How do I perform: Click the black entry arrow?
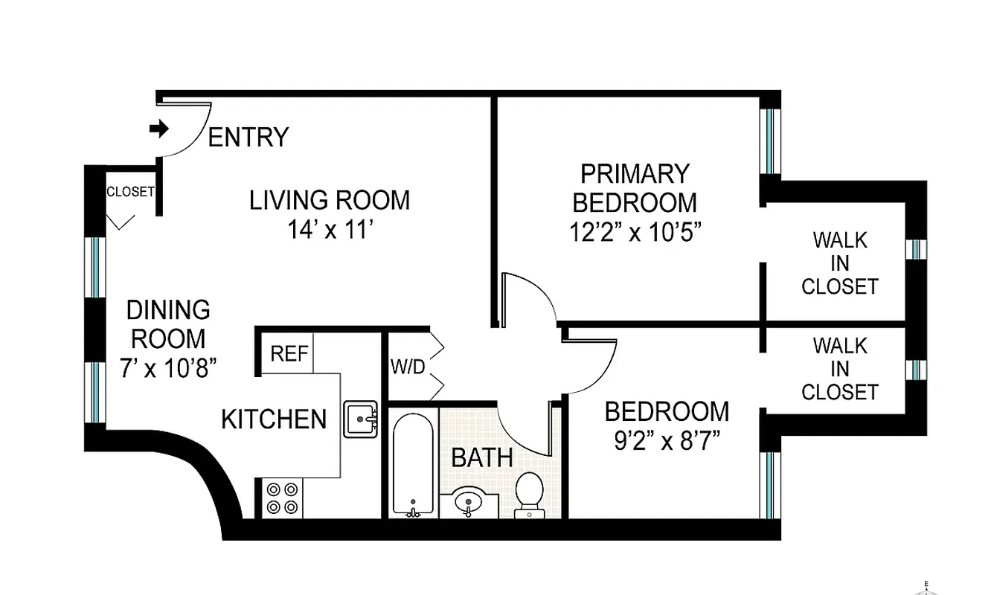coord(158,129)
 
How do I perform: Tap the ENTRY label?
coord(248,138)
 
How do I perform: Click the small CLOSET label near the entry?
coord(130,191)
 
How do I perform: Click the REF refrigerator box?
coord(289,353)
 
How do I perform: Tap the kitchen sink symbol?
coord(360,419)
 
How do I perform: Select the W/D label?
coord(407,367)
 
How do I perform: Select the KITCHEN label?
coord(274,419)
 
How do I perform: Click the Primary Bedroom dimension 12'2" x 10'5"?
coord(635,232)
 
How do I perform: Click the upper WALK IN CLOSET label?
coord(840,263)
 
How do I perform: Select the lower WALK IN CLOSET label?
coord(840,368)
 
